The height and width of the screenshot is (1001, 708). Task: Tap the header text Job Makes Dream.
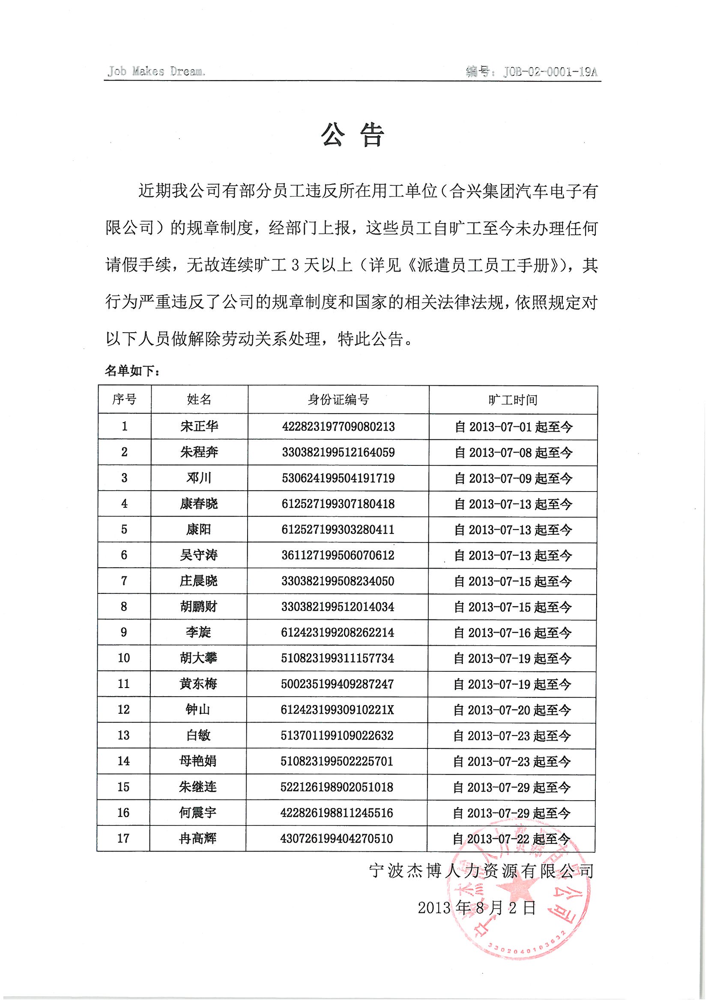pos(156,71)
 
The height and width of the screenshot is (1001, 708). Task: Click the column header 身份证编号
pos(338,399)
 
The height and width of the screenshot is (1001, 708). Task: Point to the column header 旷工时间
pos(513,400)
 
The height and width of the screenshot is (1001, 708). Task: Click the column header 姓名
pos(199,399)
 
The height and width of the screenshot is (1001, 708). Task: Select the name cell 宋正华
pos(199,426)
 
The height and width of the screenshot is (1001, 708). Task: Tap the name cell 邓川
pos(199,478)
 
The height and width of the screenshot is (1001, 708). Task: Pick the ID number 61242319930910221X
pos(337,709)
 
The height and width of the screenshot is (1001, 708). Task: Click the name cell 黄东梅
pos(198,684)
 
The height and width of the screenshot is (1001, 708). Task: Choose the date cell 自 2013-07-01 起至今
pos(513,427)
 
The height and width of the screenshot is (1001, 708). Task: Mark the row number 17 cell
pos(123,838)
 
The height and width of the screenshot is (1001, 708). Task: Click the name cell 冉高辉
pos(198,838)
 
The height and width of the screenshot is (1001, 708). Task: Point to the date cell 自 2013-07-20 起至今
pos(512,710)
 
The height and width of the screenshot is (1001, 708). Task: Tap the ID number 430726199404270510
pos(337,838)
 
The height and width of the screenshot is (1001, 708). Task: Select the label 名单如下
pos(132,371)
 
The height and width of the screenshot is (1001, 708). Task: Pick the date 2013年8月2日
pos(477,908)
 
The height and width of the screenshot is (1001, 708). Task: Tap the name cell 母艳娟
pos(198,761)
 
